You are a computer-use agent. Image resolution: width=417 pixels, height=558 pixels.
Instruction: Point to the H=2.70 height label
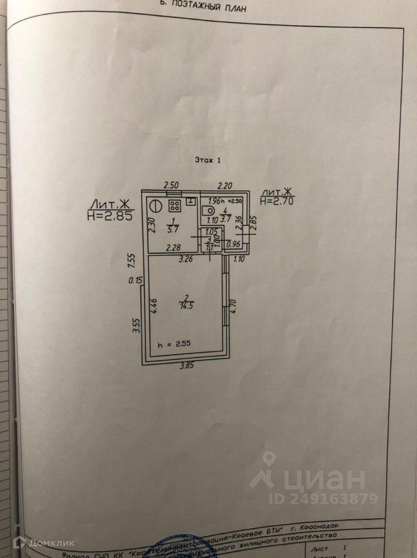point(276,201)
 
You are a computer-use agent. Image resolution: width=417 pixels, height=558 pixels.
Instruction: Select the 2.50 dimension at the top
point(171,185)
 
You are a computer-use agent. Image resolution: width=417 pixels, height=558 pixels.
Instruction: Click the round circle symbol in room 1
point(155,205)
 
